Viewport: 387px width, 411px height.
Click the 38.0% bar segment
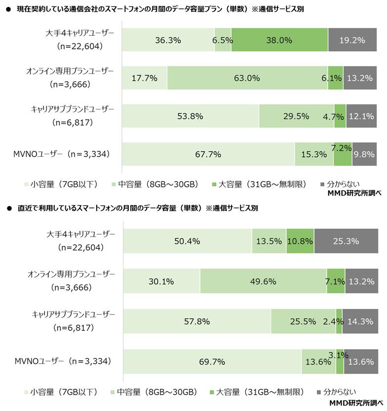[x=279, y=40]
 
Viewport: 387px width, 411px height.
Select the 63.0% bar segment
[x=247, y=78]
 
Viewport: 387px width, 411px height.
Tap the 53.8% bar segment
[x=190, y=116]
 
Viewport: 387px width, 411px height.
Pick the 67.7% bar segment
[x=208, y=154]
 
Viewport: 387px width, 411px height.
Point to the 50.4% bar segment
[x=187, y=241]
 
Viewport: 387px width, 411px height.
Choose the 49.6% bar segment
[x=263, y=282]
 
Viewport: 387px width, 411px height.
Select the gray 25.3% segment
[x=345, y=241]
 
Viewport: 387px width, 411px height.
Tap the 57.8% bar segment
[x=196, y=321]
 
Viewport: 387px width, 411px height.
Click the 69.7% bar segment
[x=212, y=362]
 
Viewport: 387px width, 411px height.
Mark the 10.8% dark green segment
[x=300, y=241]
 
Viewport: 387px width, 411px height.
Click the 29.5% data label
[x=297, y=116]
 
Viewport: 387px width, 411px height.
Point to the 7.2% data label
[x=342, y=147]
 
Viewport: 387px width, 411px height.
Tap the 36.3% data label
[x=168, y=40]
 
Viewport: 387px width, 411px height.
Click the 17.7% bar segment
[x=144, y=78]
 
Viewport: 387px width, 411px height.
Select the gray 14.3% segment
[x=360, y=321]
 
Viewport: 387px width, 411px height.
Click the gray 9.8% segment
[x=364, y=154]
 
